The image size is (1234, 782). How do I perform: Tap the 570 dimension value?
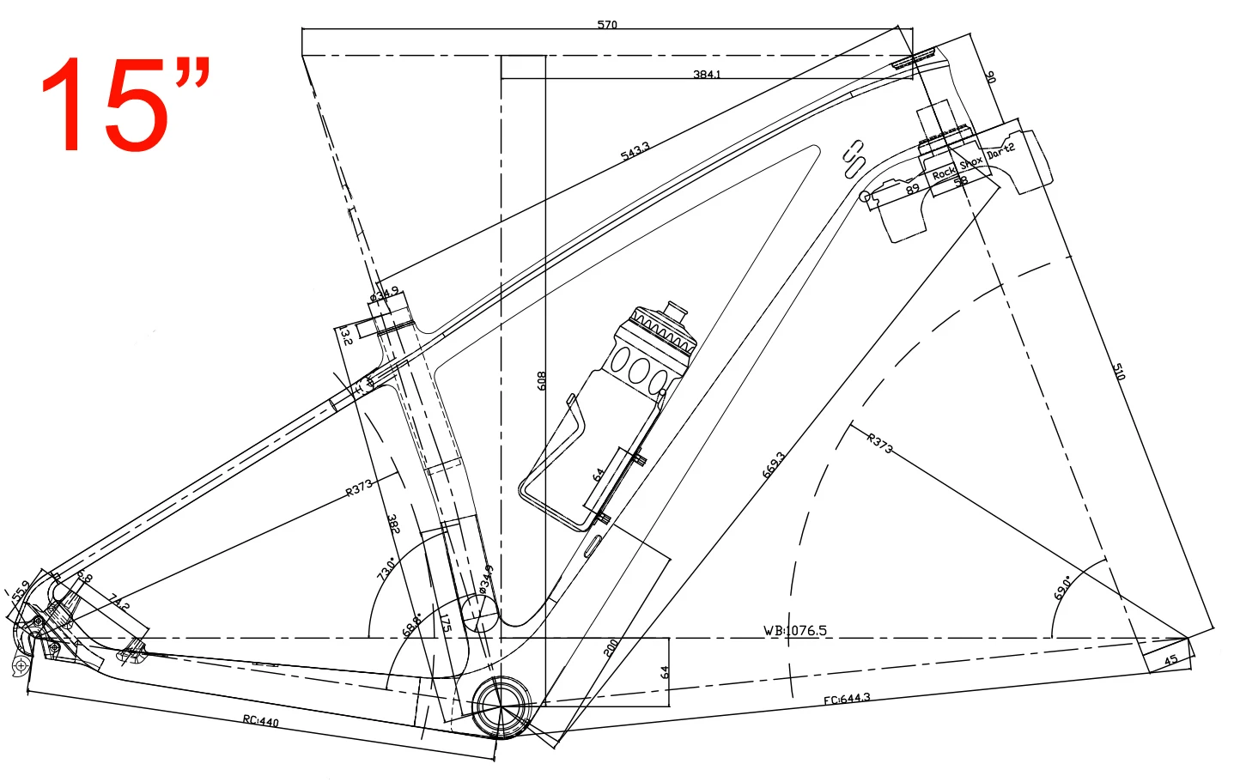coord(607,24)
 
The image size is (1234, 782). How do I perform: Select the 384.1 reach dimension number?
coord(707,75)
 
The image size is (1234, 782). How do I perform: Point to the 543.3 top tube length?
coord(635,151)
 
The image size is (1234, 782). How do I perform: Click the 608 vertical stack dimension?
coord(542,380)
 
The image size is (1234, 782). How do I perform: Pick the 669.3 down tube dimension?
coord(773,464)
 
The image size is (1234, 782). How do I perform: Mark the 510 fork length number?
coord(1119,372)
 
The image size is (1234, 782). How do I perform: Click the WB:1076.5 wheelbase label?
coord(795,630)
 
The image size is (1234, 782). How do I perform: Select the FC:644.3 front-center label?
coord(847,699)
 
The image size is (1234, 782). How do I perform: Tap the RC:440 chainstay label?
coord(260,720)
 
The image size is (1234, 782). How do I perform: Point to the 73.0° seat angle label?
coord(386,568)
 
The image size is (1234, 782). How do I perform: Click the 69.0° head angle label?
coord(1062,588)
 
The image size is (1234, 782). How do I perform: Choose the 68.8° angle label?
coord(411,624)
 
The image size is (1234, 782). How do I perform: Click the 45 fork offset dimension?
coord(1170,660)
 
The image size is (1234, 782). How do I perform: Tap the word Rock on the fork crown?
coord(943,173)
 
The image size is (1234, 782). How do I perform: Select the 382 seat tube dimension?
coord(393,524)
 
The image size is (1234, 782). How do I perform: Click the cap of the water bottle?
coord(677,307)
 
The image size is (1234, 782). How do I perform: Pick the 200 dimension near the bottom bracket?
coord(611,648)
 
